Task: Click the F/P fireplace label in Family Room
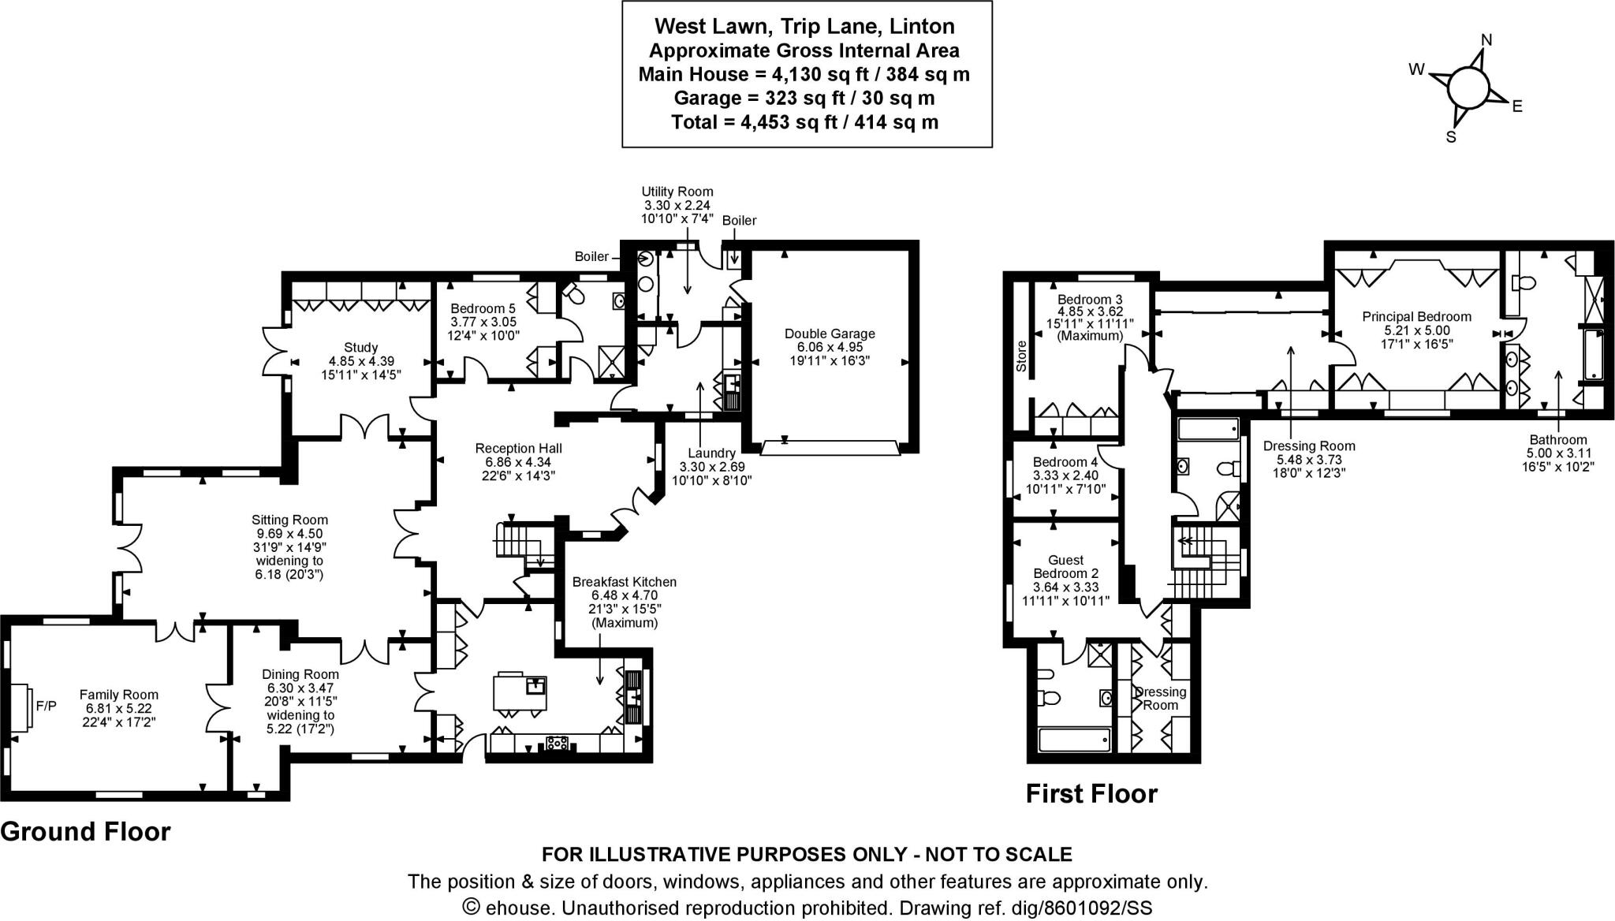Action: click(47, 706)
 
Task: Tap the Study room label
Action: click(361, 347)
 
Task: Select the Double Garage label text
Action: click(830, 334)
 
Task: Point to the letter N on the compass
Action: click(1486, 40)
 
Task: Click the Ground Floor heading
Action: click(85, 831)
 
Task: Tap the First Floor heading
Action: click(1091, 793)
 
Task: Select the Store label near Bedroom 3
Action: click(1021, 356)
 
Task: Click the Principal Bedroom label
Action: click(1416, 316)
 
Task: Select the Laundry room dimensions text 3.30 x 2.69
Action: click(711, 467)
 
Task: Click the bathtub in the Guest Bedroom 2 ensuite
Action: click(1074, 740)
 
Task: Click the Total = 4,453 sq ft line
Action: click(804, 122)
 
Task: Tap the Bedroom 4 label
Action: click(1065, 462)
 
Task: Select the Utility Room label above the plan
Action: click(677, 192)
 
